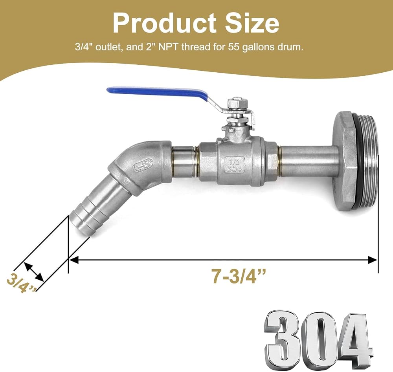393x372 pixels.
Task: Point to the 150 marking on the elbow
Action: tap(143, 165)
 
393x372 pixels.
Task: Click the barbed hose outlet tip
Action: tap(80, 225)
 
